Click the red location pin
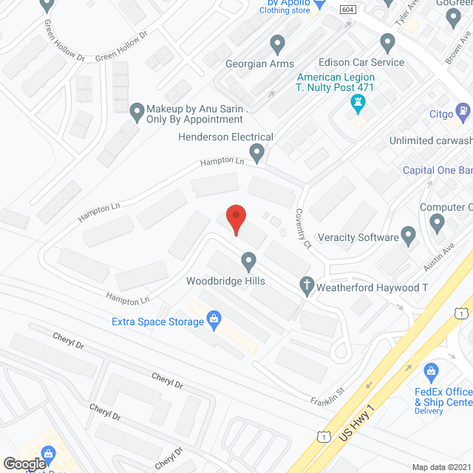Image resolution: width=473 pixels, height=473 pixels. [235, 219]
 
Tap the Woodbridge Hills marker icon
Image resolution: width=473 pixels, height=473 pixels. [249, 261]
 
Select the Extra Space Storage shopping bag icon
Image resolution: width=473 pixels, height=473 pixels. [214, 321]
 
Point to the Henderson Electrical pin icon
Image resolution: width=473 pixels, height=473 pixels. [256, 154]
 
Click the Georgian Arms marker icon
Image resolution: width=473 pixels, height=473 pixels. [278, 44]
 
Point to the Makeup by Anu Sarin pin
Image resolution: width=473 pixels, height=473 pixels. [137, 112]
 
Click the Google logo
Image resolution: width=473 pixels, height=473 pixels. [24, 463]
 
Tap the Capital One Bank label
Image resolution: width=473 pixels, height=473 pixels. [437, 170]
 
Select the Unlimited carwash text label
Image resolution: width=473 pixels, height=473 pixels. [431, 140]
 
